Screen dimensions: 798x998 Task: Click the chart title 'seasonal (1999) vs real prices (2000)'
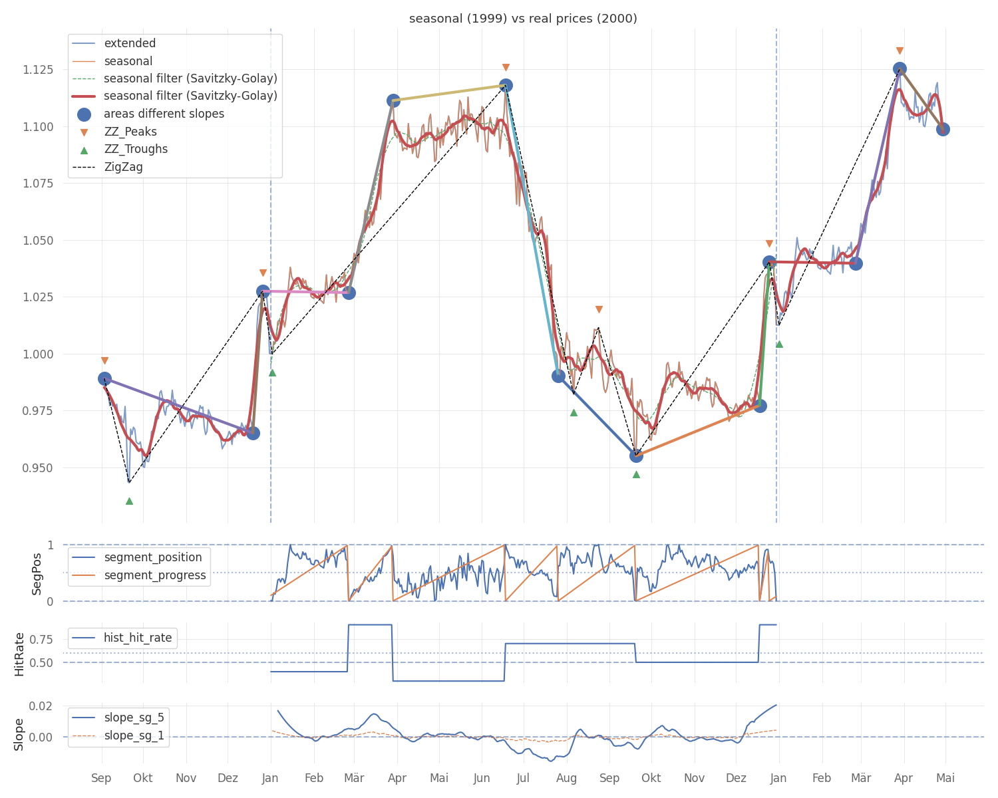(x=523, y=19)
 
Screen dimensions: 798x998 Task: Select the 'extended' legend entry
(x=130, y=44)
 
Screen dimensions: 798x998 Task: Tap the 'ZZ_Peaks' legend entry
(x=130, y=132)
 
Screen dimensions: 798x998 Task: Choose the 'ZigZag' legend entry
(x=123, y=167)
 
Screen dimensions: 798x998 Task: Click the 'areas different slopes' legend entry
(x=164, y=114)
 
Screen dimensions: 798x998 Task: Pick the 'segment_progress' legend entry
(x=155, y=575)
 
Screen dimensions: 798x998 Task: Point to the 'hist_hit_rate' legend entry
(x=138, y=638)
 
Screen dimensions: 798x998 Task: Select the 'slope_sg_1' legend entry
(x=134, y=735)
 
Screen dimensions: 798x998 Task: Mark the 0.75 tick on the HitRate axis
(x=41, y=640)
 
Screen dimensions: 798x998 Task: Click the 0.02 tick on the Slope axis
(x=41, y=706)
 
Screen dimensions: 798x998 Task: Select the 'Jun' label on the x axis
(x=481, y=778)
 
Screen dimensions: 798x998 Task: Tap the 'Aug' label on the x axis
(x=566, y=778)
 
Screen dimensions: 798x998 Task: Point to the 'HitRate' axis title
(x=19, y=654)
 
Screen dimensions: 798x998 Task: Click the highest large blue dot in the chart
(x=900, y=68)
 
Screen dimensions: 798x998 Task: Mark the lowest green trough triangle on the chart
(x=129, y=501)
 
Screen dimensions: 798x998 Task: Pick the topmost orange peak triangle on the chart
(x=900, y=51)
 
